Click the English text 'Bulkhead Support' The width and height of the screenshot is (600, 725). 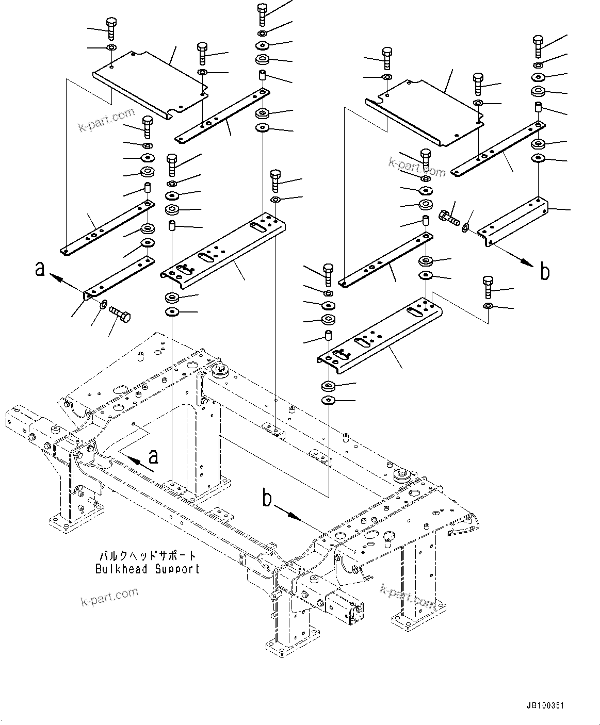pyautogui.click(x=147, y=569)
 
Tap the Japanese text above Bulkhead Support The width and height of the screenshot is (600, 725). pyautogui.click(x=148, y=556)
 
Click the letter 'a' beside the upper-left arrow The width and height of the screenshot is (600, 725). pyautogui.click(x=40, y=269)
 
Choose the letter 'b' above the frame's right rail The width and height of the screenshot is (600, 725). pyautogui.click(x=267, y=498)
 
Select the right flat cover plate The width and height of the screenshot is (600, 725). pyautogui.click(x=426, y=112)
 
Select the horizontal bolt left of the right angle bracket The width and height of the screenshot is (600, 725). pyautogui.click(x=449, y=218)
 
